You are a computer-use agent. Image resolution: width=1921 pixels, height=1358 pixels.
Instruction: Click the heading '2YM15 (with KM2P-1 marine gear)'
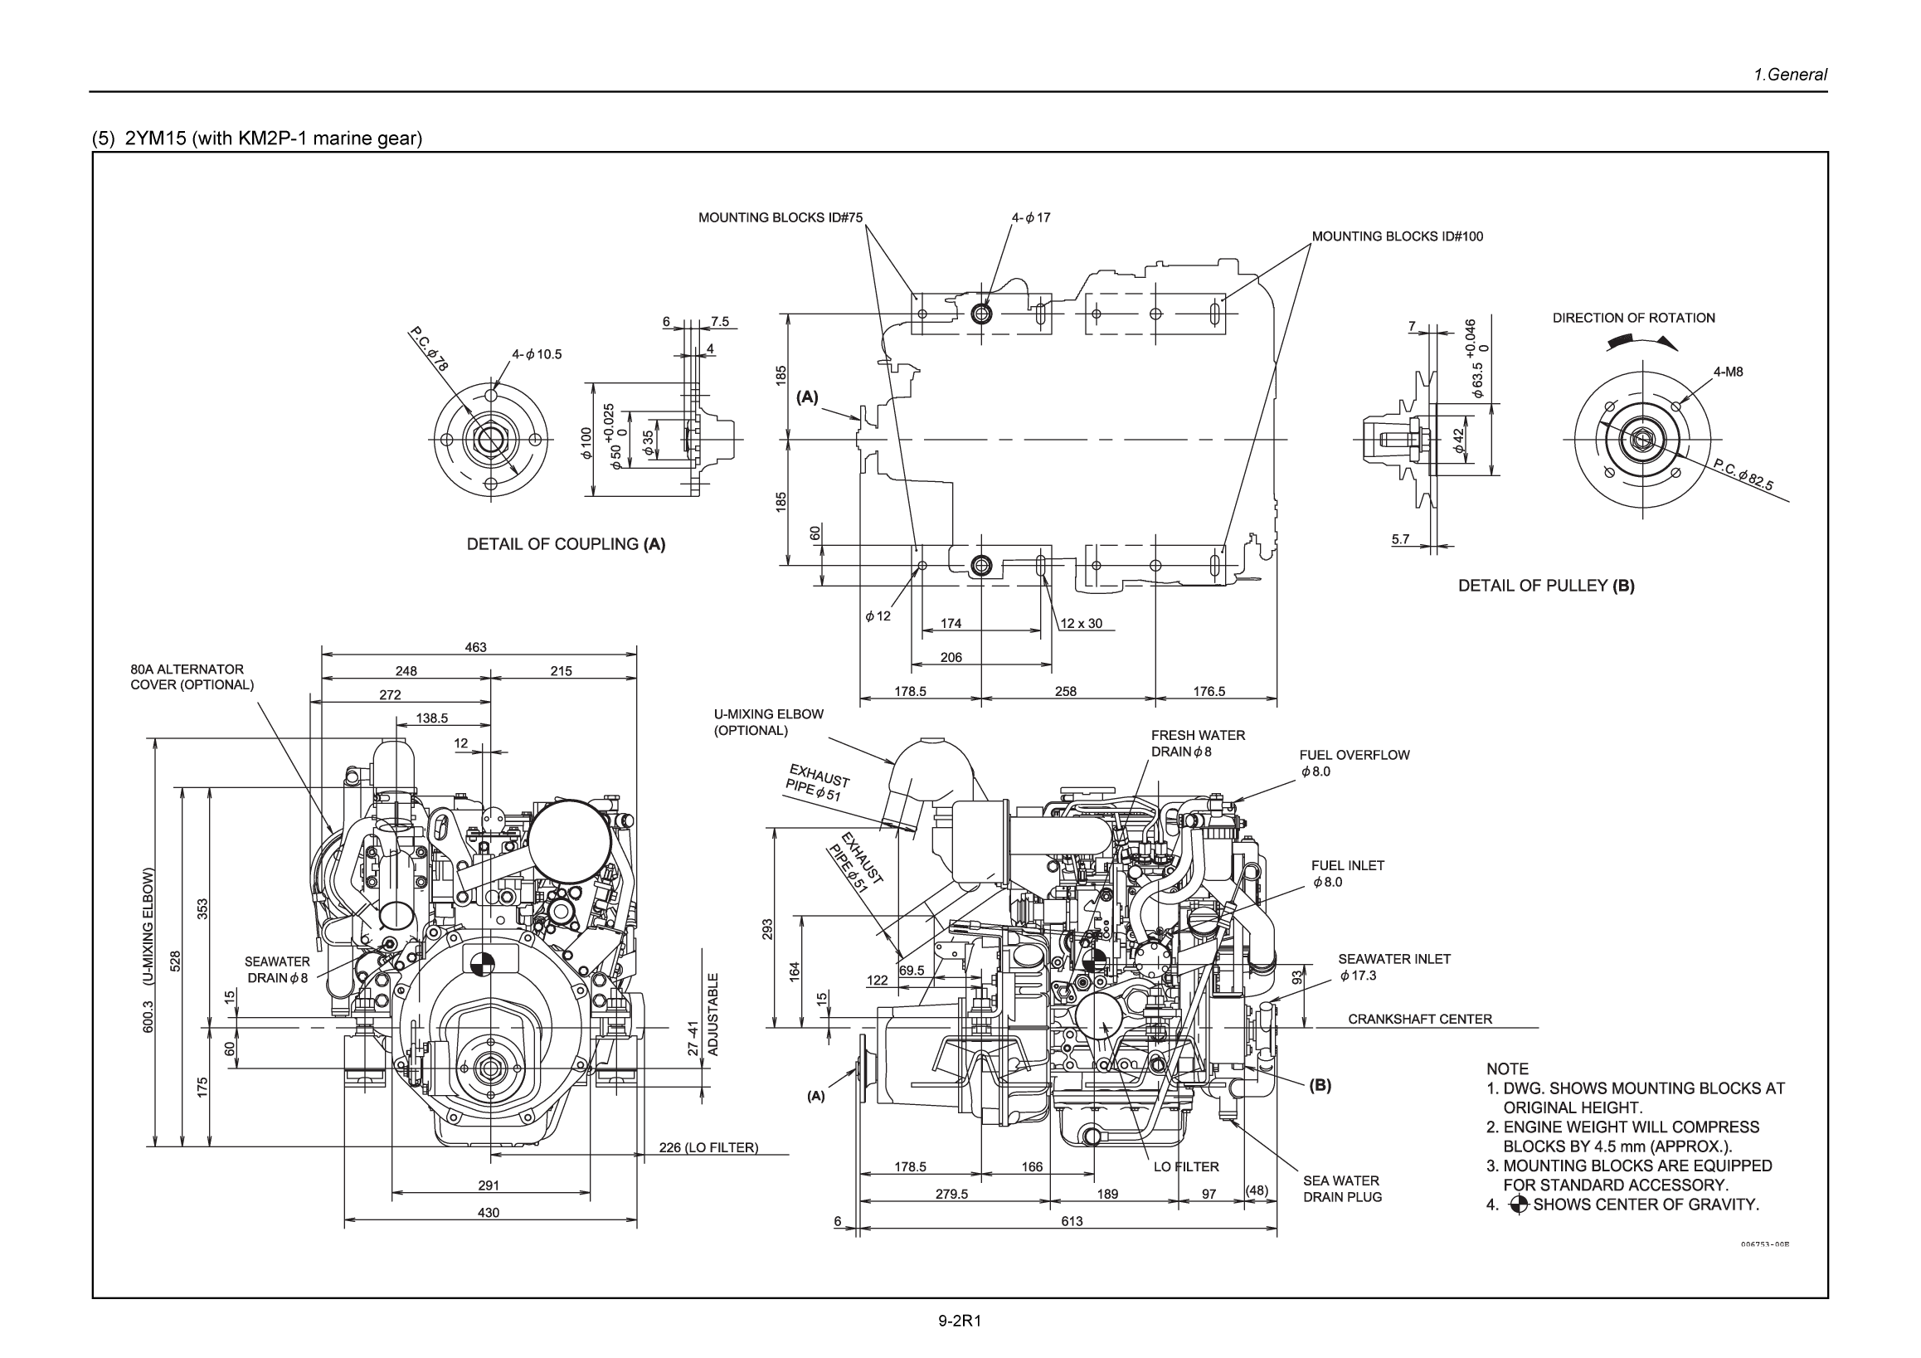tap(273, 138)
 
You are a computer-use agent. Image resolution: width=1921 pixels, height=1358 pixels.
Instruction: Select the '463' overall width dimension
tap(475, 648)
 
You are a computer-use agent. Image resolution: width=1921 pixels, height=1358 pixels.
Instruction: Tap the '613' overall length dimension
tap(1072, 1221)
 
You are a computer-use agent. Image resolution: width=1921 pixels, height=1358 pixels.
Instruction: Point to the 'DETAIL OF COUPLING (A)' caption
tap(566, 544)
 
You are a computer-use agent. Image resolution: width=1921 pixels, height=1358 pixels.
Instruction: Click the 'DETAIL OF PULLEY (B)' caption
tap(1546, 586)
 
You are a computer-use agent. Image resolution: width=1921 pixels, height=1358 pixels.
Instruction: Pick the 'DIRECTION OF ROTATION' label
tap(1633, 318)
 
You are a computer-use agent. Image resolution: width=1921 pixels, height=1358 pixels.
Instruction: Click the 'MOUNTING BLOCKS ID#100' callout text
tap(1397, 236)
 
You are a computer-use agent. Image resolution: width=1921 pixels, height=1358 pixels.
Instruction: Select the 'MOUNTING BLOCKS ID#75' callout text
tap(780, 218)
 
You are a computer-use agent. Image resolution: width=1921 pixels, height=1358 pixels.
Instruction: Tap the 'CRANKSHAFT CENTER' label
tap(1420, 1020)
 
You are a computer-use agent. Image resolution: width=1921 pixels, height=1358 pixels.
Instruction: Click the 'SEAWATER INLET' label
tap(1394, 959)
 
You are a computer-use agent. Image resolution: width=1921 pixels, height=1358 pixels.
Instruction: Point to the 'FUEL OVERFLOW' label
tap(1354, 755)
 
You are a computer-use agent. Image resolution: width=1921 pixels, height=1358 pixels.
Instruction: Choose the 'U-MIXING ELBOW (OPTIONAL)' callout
tap(768, 722)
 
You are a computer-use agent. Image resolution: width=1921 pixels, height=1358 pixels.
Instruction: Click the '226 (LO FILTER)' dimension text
tap(708, 1147)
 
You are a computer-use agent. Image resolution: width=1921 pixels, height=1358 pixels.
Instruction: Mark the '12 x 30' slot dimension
tap(1081, 623)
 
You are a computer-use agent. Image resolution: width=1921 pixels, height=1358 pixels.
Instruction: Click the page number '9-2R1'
tap(959, 1321)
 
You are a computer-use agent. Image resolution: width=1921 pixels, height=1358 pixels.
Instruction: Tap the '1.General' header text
tap(1790, 75)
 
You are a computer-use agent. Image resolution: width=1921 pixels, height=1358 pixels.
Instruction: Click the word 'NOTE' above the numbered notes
tap(1507, 1068)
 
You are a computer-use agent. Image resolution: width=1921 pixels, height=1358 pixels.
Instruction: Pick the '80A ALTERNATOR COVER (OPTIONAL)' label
tap(192, 677)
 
